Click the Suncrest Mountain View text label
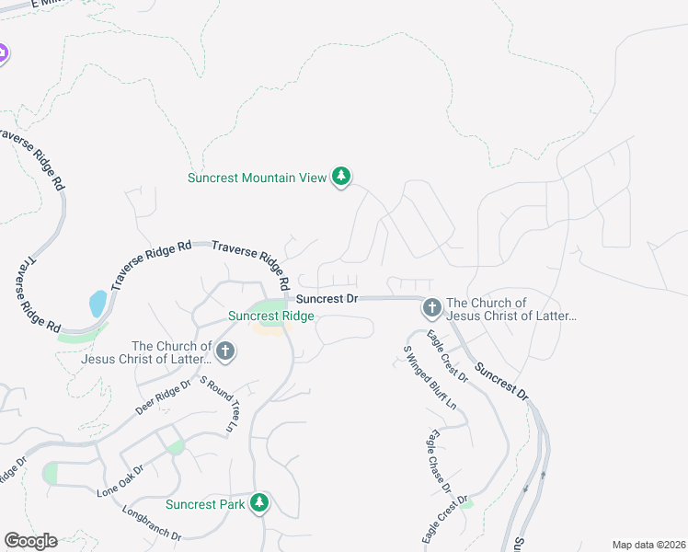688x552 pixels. (257, 178)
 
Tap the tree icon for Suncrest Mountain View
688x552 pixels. (341, 177)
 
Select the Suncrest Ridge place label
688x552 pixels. (271, 316)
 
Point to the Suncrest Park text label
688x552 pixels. (205, 504)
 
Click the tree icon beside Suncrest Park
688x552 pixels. (260, 502)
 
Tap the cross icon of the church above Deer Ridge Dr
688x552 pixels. (224, 351)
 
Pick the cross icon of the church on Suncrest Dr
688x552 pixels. (431, 307)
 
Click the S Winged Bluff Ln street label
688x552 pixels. (430, 377)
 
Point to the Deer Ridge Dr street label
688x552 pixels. (163, 397)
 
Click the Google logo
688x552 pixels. (30, 541)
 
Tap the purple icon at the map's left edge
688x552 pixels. (3, 53)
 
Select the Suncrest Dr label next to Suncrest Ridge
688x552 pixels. (327, 299)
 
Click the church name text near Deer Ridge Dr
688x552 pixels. (164, 352)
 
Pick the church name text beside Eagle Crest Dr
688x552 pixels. (511, 309)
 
